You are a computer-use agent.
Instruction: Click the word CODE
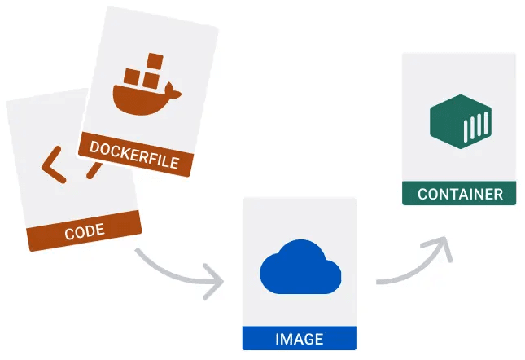pyautogui.click(x=84, y=231)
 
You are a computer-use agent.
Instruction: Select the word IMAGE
pyautogui.click(x=299, y=339)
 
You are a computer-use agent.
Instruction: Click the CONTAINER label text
pyautogui.click(x=459, y=194)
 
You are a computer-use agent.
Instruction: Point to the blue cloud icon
pyautogui.click(x=299, y=268)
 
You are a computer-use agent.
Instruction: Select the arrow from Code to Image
pyautogui.click(x=175, y=269)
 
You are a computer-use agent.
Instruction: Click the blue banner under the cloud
pyautogui.click(x=299, y=339)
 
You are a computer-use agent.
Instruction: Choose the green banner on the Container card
pyautogui.click(x=459, y=194)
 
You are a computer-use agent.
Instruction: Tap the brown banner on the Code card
pyautogui.click(x=84, y=231)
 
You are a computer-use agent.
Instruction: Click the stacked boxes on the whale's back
pyautogui.click(x=146, y=69)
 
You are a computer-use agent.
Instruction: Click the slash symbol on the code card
pyautogui.click(x=94, y=169)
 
